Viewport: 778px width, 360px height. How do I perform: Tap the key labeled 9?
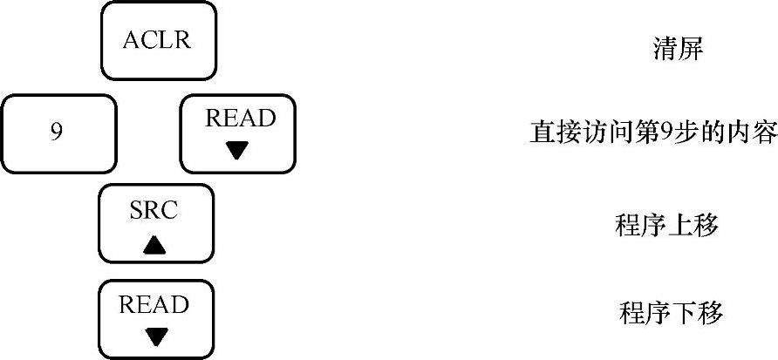[58, 133]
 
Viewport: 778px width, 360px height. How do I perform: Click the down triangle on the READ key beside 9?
[237, 151]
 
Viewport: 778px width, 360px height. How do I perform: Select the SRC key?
[155, 223]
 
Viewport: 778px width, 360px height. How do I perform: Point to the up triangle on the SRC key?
[155, 245]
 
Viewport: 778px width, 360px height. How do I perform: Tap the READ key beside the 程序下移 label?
[155, 319]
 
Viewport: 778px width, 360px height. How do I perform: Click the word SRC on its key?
[155, 210]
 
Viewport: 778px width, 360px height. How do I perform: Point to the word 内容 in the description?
[752, 133]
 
